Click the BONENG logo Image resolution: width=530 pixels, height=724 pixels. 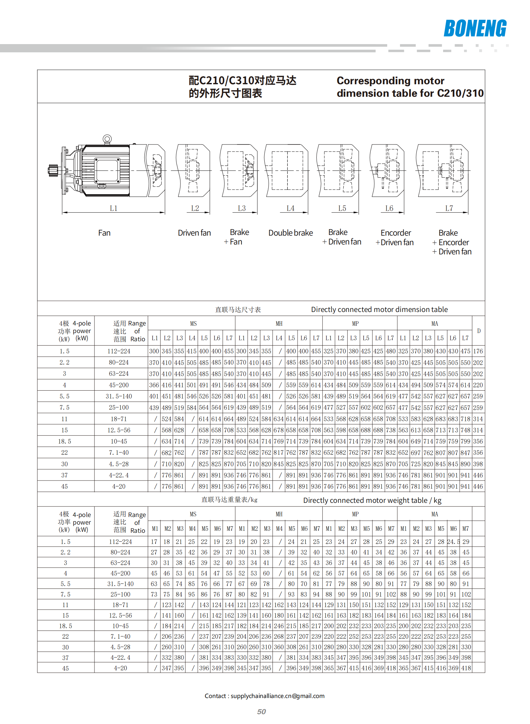click(x=475, y=28)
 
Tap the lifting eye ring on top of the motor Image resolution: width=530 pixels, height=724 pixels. click(x=107, y=139)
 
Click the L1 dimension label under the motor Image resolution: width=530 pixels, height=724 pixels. click(x=114, y=208)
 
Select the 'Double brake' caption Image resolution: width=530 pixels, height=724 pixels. click(x=290, y=233)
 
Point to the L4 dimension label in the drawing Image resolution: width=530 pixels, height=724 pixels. click(x=290, y=208)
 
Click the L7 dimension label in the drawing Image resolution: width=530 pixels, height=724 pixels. click(x=449, y=208)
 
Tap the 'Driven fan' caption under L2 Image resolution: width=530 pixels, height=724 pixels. click(x=194, y=233)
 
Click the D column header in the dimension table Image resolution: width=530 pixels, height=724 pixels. click(x=479, y=331)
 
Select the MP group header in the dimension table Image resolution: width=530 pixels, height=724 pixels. click(x=355, y=323)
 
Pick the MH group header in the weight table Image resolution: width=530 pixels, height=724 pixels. click(x=279, y=514)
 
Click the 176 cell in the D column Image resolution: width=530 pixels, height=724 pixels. click(x=478, y=351)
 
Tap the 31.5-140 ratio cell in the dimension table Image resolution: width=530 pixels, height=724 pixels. click(x=119, y=396)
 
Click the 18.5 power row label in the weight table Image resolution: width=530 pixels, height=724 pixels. click(x=66, y=626)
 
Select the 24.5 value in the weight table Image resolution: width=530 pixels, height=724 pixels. click(x=453, y=542)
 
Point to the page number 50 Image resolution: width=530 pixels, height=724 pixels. click(x=261, y=711)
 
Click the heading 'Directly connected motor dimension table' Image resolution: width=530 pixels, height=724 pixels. click(x=379, y=309)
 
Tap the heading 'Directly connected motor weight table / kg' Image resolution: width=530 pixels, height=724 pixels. click(x=372, y=500)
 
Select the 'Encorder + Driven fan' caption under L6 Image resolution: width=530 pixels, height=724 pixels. click(x=395, y=238)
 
